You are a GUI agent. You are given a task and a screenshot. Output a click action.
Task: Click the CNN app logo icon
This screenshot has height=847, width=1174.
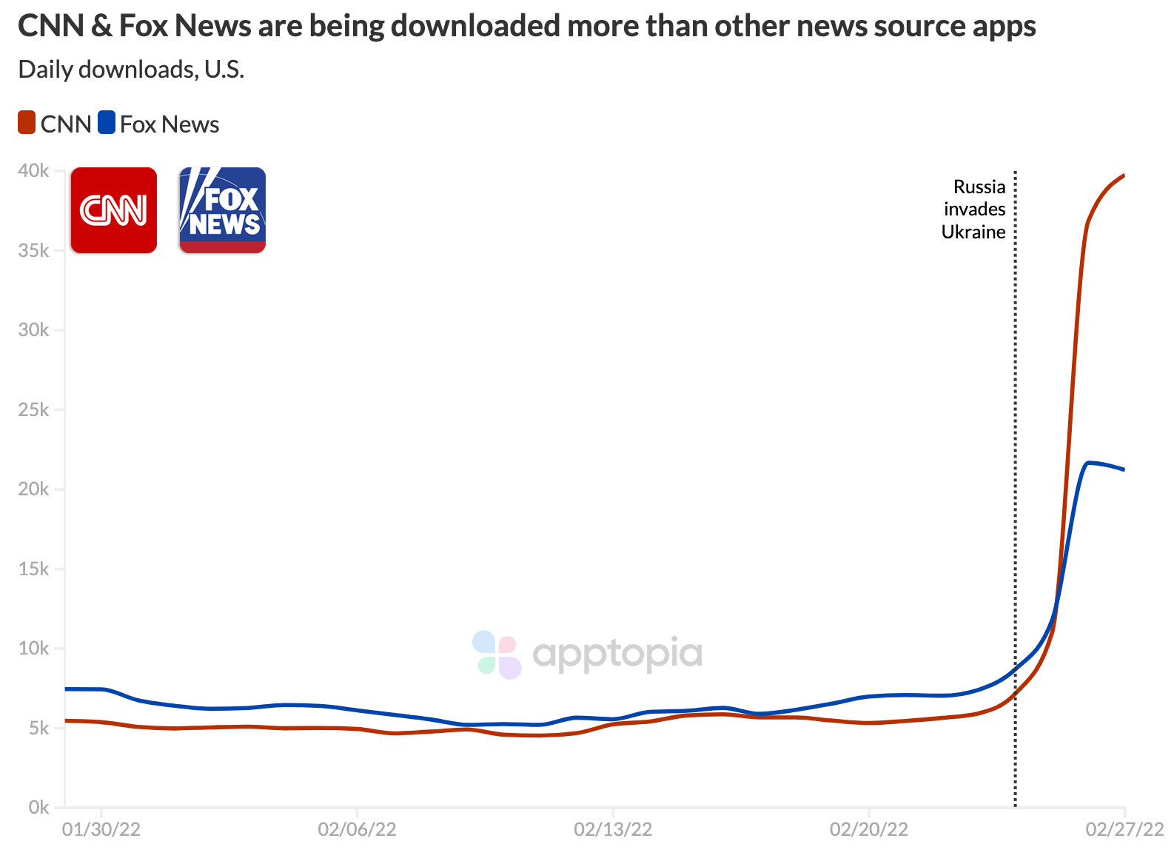coord(113,210)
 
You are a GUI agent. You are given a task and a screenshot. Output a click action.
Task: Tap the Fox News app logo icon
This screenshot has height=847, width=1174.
coord(222,210)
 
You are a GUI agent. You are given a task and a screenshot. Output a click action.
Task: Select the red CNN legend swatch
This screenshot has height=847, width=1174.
coord(27,123)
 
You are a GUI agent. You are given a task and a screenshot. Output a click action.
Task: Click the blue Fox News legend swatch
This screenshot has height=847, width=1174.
coord(107,123)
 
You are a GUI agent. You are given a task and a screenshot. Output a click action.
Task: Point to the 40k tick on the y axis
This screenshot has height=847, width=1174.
coord(33,171)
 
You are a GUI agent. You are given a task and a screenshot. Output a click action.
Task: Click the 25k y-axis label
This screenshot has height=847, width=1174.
coord(33,409)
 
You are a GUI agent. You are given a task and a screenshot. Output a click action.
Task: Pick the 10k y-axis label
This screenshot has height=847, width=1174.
coord(33,649)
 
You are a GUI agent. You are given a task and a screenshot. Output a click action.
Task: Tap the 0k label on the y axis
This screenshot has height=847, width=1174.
coord(38,807)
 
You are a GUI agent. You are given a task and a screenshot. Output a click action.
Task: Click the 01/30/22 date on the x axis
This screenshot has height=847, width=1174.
coord(101,829)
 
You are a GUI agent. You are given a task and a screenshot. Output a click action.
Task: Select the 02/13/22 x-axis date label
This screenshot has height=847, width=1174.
coord(613,829)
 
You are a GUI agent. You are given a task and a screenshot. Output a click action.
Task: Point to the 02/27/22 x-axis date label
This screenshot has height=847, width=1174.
coord(1124,829)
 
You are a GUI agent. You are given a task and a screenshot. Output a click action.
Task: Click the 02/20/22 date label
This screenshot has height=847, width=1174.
coord(868,829)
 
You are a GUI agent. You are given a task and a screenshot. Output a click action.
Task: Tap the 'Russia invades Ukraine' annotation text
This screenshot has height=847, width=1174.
coord(974,210)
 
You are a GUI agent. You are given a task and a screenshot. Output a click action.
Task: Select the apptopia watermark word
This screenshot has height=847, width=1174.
coord(617,654)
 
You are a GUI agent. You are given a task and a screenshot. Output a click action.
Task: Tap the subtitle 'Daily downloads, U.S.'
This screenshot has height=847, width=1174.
coord(131,70)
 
